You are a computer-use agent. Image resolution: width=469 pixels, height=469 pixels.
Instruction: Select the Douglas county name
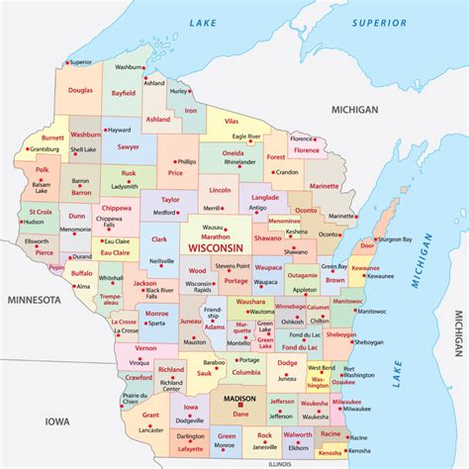tap(81, 90)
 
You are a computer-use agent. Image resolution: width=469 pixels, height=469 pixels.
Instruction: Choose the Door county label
tap(367, 245)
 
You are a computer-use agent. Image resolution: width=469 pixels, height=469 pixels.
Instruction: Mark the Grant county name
tap(150, 416)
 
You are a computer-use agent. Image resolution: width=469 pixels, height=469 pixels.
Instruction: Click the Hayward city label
tap(119, 129)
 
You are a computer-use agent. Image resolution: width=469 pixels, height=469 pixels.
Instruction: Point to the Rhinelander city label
tap(239, 161)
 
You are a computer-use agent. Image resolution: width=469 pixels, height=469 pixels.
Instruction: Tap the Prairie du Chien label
tap(136, 399)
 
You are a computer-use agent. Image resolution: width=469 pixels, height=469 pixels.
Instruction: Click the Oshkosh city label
tap(292, 321)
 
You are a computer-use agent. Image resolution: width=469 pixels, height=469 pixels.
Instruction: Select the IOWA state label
tap(56, 421)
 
